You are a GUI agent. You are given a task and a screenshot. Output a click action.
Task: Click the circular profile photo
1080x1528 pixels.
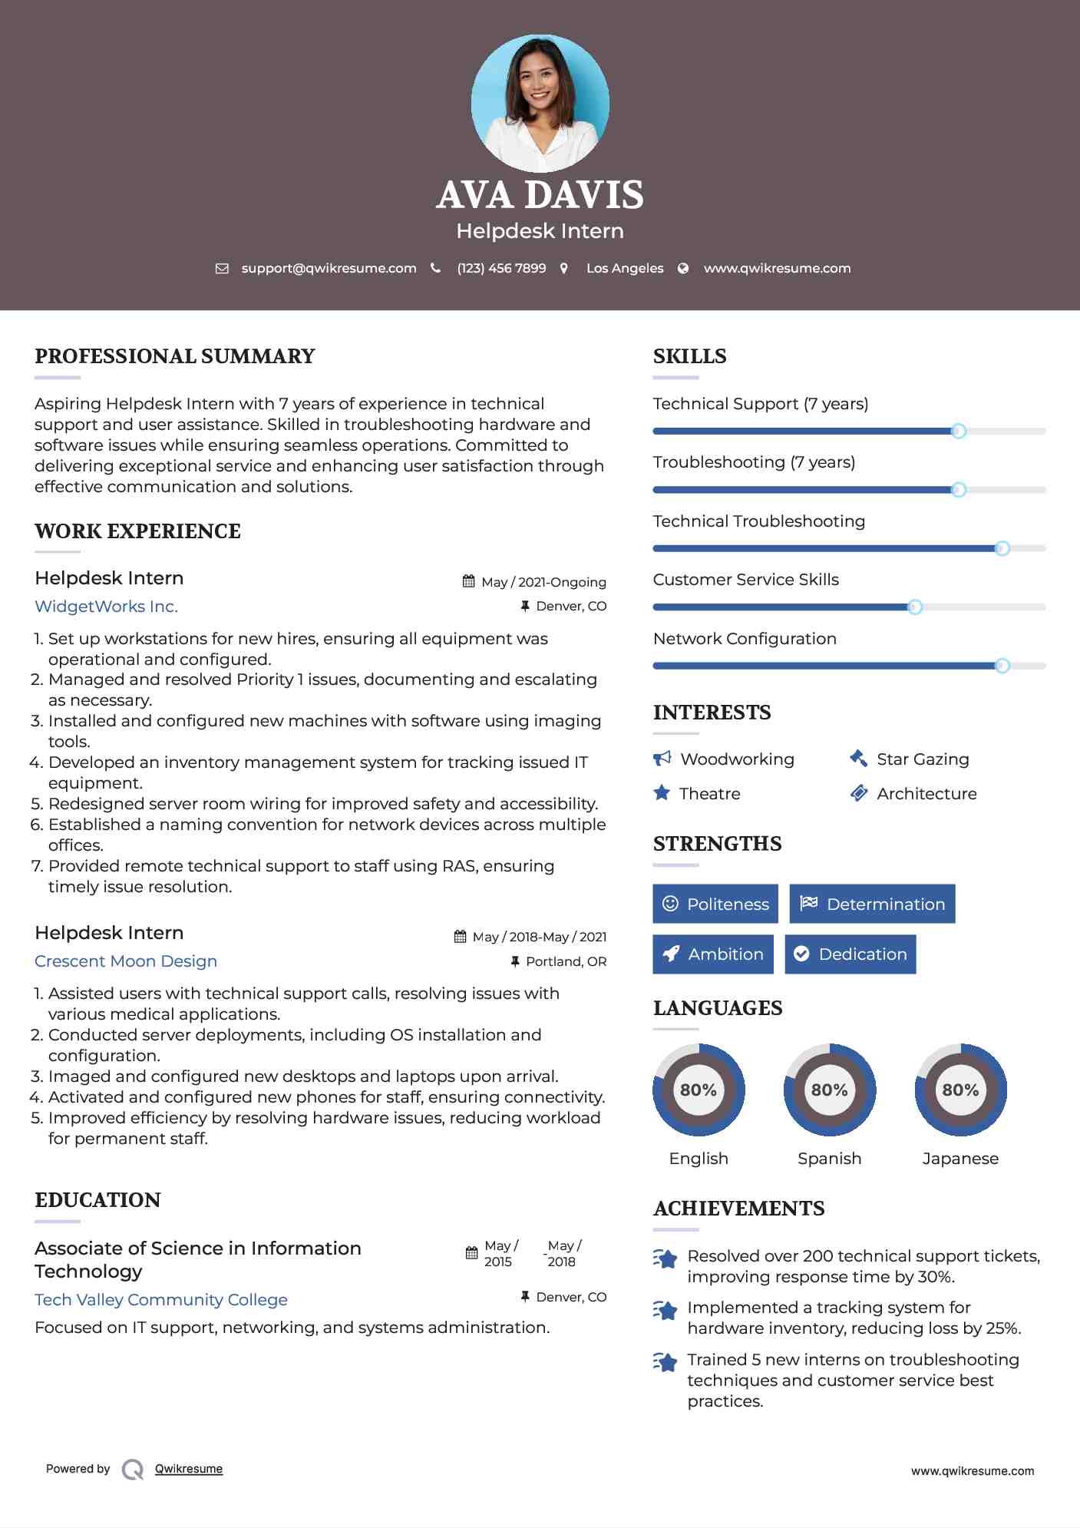(540, 103)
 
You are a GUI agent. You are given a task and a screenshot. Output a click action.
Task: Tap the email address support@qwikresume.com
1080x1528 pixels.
(329, 268)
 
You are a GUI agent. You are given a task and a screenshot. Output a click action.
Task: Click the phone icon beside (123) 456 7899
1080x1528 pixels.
(436, 268)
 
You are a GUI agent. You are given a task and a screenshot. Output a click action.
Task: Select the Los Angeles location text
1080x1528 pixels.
(625, 268)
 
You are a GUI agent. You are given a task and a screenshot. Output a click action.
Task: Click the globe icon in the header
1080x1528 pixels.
(683, 268)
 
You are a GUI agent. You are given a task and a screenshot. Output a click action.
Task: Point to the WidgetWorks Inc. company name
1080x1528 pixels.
(106, 607)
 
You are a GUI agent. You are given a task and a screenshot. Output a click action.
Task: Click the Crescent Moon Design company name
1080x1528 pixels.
(126, 961)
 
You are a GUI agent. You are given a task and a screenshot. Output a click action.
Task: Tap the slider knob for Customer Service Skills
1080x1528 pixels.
(914, 607)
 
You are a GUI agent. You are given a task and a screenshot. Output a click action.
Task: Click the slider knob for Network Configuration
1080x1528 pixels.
(1002, 666)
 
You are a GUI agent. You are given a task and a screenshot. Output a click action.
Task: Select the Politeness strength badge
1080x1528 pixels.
(715, 904)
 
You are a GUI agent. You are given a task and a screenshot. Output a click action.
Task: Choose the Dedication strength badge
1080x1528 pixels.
(850, 954)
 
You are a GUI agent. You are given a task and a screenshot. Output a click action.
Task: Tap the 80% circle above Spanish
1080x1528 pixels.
(829, 1090)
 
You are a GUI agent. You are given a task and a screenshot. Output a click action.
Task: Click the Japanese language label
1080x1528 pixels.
(960, 1158)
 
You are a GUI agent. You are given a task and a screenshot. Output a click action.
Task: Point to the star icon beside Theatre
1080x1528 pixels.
(662, 793)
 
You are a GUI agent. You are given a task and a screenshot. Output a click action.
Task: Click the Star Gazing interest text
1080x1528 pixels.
(923, 759)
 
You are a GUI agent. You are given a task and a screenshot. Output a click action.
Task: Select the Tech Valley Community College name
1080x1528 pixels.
(161, 1299)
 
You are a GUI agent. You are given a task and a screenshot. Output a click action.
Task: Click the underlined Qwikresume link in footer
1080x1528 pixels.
(189, 1469)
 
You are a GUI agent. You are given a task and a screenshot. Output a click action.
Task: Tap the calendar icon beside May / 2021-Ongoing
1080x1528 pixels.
(468, 581)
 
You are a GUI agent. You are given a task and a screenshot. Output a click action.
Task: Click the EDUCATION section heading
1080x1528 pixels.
(98, 1200)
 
